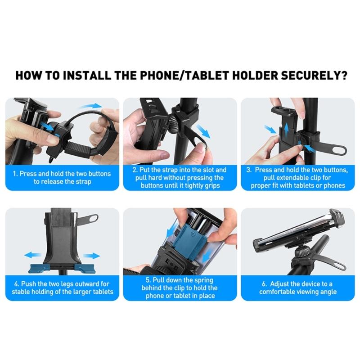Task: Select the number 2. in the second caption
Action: coord(135,170)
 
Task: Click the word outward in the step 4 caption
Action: coord(90,284)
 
